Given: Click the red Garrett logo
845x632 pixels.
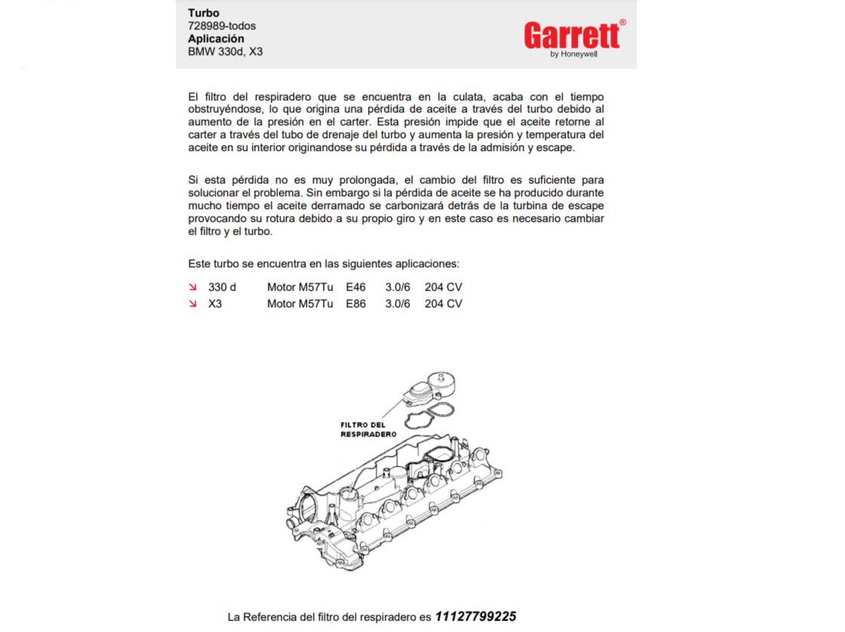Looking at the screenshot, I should (573, 35).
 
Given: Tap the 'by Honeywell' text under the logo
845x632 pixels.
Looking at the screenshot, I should (574, 54).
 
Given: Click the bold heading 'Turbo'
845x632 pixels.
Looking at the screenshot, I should (204, 13).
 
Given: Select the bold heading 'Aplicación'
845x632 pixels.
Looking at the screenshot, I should (216, 39).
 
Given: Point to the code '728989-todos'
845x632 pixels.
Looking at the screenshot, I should (222, 26).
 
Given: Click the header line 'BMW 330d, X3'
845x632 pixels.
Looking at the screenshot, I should (225, 51).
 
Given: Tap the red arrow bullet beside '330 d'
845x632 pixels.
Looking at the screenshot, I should (192, 287).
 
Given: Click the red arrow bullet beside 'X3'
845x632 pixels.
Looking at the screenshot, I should (192, 304).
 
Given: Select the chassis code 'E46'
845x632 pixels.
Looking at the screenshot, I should (356, 287).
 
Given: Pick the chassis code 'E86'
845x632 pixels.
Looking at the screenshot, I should (356, 304).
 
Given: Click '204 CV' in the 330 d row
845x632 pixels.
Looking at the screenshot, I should (443, 287).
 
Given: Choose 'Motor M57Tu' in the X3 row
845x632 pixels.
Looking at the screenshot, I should (300, 304).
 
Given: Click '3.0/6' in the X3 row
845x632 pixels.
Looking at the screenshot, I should (398, 304).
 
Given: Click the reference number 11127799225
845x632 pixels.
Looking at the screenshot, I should (475, 616).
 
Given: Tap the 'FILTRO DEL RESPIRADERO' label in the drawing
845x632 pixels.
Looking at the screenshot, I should (367, 429).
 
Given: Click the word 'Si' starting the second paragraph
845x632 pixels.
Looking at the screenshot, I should (193, 180).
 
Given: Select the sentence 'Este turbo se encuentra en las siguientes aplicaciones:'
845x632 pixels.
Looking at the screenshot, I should (323, 264).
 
